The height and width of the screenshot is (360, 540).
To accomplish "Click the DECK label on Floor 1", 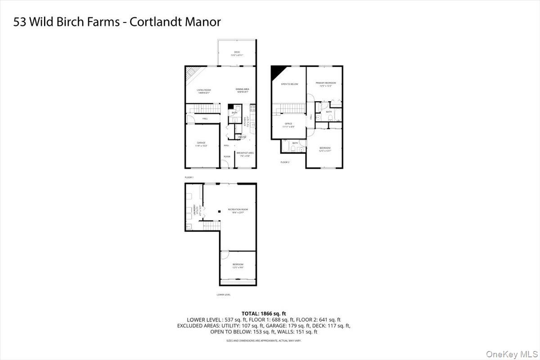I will [237, 53].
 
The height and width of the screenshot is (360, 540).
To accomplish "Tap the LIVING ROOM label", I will [204, 90].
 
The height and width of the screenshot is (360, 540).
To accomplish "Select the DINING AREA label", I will [243, 90].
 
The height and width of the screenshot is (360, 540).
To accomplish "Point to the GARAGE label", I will [201, 144].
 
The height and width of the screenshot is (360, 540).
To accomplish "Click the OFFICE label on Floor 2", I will [288, 125].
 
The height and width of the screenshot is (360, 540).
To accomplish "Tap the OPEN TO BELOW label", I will [289, 84].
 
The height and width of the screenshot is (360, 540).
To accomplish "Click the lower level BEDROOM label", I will [238, 265].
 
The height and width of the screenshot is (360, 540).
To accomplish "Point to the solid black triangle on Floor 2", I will [275, 72].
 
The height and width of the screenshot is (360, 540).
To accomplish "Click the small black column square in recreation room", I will [218, 211].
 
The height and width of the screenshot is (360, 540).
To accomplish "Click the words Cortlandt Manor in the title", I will [175, 22].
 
